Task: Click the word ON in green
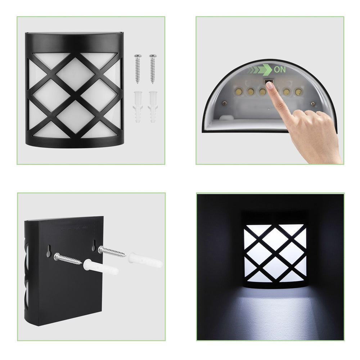(280, 69)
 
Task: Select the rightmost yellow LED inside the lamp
(298, 92)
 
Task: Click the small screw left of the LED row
(224, 103)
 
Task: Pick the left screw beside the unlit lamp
(138, 68)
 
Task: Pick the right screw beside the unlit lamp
(153, 68)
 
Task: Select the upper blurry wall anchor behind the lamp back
(144, 260)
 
